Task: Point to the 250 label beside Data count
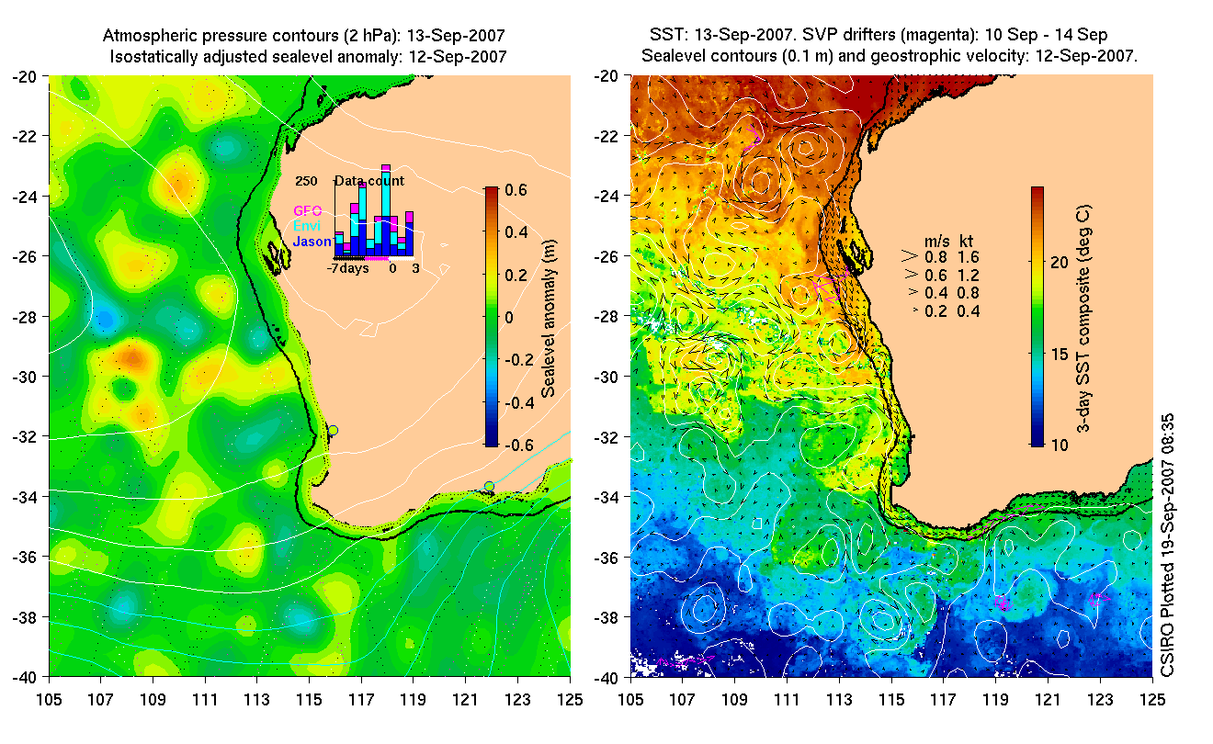(x=306, y=181)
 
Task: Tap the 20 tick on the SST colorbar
(x=1059, y=263)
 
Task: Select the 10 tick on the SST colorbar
(x=1059, y=445)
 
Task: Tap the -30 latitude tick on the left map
(x=25, y=377)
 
